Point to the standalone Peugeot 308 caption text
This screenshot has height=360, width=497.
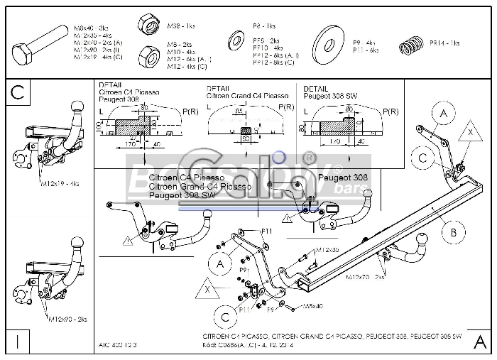pyautogui.click(x=339, y=176)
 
